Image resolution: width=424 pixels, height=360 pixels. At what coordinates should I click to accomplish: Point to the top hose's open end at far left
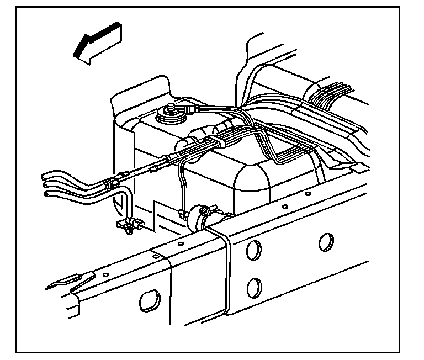[46, 176]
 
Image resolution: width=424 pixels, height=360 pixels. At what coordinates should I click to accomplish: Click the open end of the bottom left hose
[46, 193]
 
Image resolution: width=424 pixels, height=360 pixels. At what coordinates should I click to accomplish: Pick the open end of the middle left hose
[46, 184]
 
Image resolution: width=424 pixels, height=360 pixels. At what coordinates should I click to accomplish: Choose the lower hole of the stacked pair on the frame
[254, 287]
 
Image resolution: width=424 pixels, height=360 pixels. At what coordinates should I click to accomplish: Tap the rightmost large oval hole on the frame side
[326, 241]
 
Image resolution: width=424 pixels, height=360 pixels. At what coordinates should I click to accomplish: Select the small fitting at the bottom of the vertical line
[182, 213]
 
